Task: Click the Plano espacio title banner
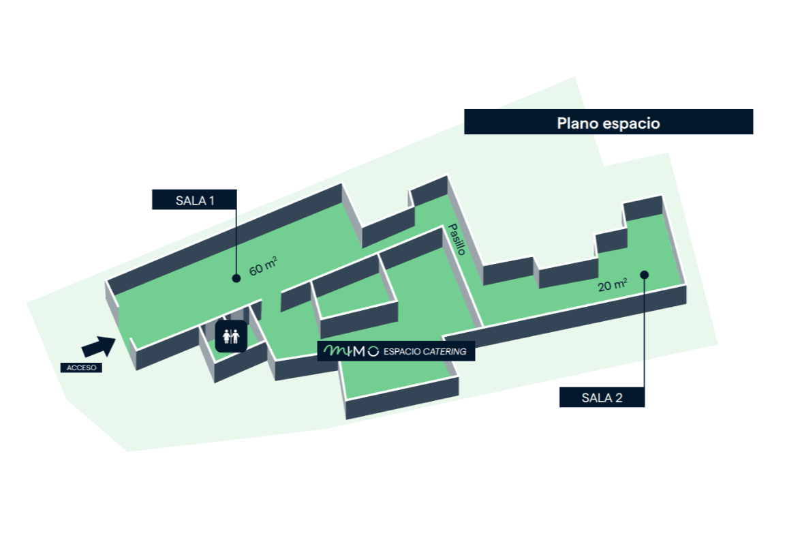pos(608,122)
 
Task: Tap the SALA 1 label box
pos(194,200)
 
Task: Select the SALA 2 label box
pos(602,398)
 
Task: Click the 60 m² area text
pos(263,267)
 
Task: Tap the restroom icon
pos(231,336)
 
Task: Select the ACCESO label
pos(81,368)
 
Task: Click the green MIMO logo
pos(351,351)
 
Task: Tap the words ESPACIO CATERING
pos(425,352)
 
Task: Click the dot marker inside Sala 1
pos(236,278)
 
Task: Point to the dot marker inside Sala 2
pos(644,275)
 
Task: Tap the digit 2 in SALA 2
pos(619,398)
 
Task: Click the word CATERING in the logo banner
pos(444,352)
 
